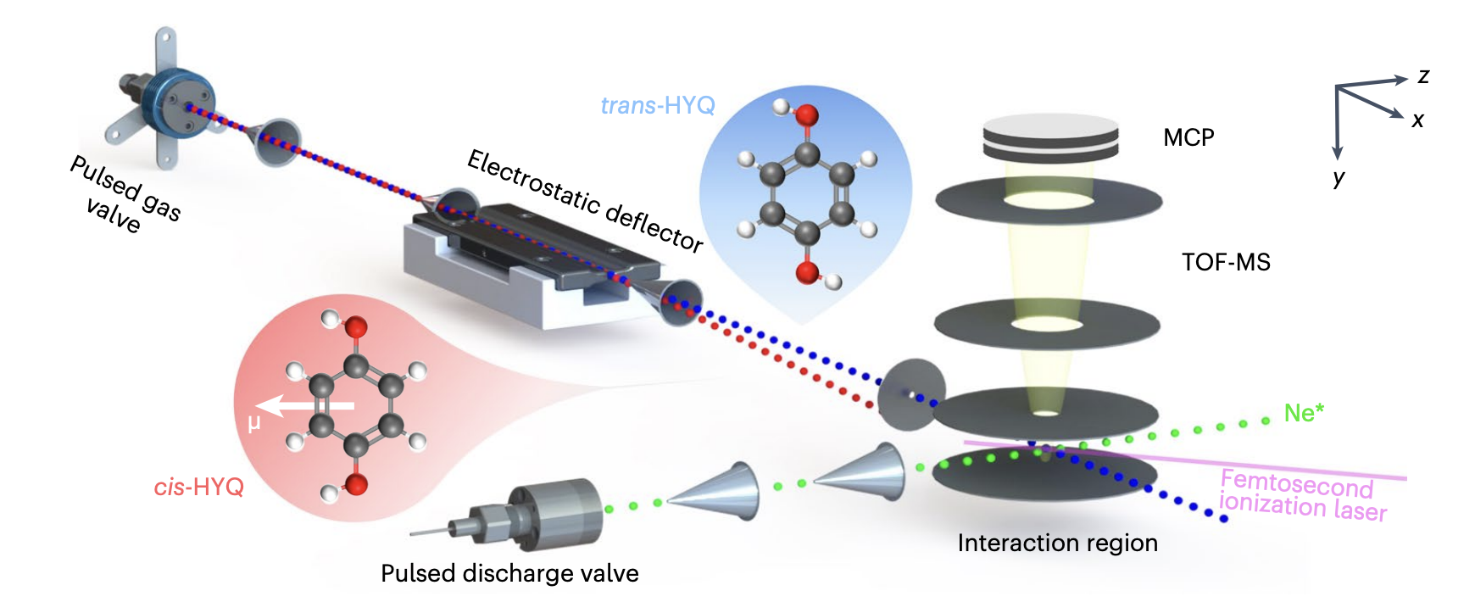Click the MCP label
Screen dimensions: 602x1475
tap(1188, 137)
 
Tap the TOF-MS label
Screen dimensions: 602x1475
tap(1226, 262)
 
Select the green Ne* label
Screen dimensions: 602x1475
tap(1304, 413)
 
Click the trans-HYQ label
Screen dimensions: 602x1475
tap(658, 105)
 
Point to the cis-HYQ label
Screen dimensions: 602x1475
tap(198, 487)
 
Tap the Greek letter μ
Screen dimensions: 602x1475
tap(253, 423)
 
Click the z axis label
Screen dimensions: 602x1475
tap(1423, 76)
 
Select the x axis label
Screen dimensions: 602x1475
tap(1417, 120)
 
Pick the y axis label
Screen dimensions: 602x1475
tap(1339, 177)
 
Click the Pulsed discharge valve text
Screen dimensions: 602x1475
tap(509, 573)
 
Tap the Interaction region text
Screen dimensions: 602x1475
tap(1057, 543)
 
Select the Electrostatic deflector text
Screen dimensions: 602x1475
tap(585, 200)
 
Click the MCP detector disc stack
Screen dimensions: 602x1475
tap(1050, 137)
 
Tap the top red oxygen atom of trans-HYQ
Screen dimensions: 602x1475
tap(806, 115)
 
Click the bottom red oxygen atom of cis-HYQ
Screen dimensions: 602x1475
tap(356, 484)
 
